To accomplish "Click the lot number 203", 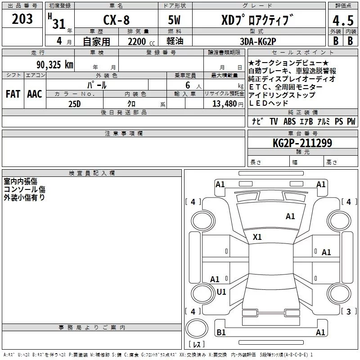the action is click(22, 19).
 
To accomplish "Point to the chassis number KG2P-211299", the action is click(302, 143).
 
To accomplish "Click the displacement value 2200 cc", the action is click(138, 41).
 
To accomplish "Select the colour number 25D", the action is click(74, 104).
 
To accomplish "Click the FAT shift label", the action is click(13, 94).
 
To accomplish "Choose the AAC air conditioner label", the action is click(34, 94).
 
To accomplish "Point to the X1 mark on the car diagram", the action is click(257, 237).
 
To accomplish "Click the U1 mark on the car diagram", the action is click(221, 292).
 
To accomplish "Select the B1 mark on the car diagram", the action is click(221, 333).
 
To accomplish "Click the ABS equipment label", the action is click(289, 121).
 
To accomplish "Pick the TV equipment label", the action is click(274, 121).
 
